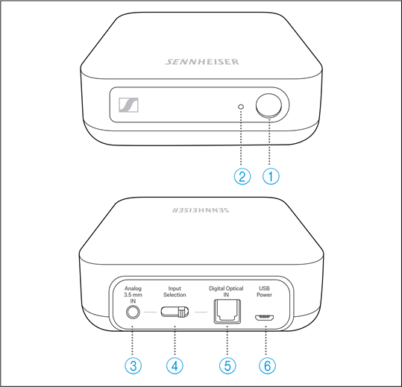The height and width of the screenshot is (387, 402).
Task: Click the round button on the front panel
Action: (271, 107)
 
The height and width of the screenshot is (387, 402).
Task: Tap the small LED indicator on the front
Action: (240, 107)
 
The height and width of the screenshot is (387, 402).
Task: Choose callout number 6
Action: (266, 365)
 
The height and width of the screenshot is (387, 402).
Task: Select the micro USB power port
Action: (265, 316)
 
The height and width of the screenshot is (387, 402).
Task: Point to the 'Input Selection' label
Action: (175, 291)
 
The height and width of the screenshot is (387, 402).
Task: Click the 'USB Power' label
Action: (266, 291)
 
